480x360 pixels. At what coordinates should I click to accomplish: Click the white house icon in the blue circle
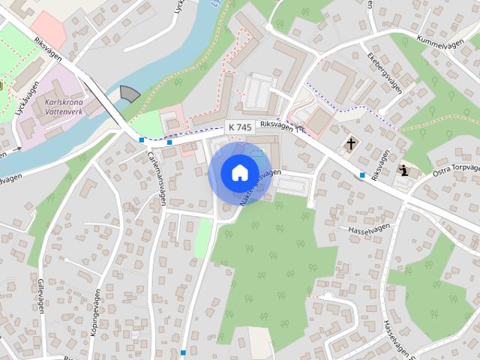(239, 173)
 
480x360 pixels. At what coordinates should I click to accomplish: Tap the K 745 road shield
(239, 127)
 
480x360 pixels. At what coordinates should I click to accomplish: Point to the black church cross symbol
(351, 142)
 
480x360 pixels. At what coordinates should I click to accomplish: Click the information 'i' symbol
(405, 170)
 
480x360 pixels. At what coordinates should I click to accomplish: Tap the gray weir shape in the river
(130, 93)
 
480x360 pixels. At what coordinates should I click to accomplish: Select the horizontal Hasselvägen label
(370, 227)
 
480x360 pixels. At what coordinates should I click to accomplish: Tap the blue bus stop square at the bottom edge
(183, 352)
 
